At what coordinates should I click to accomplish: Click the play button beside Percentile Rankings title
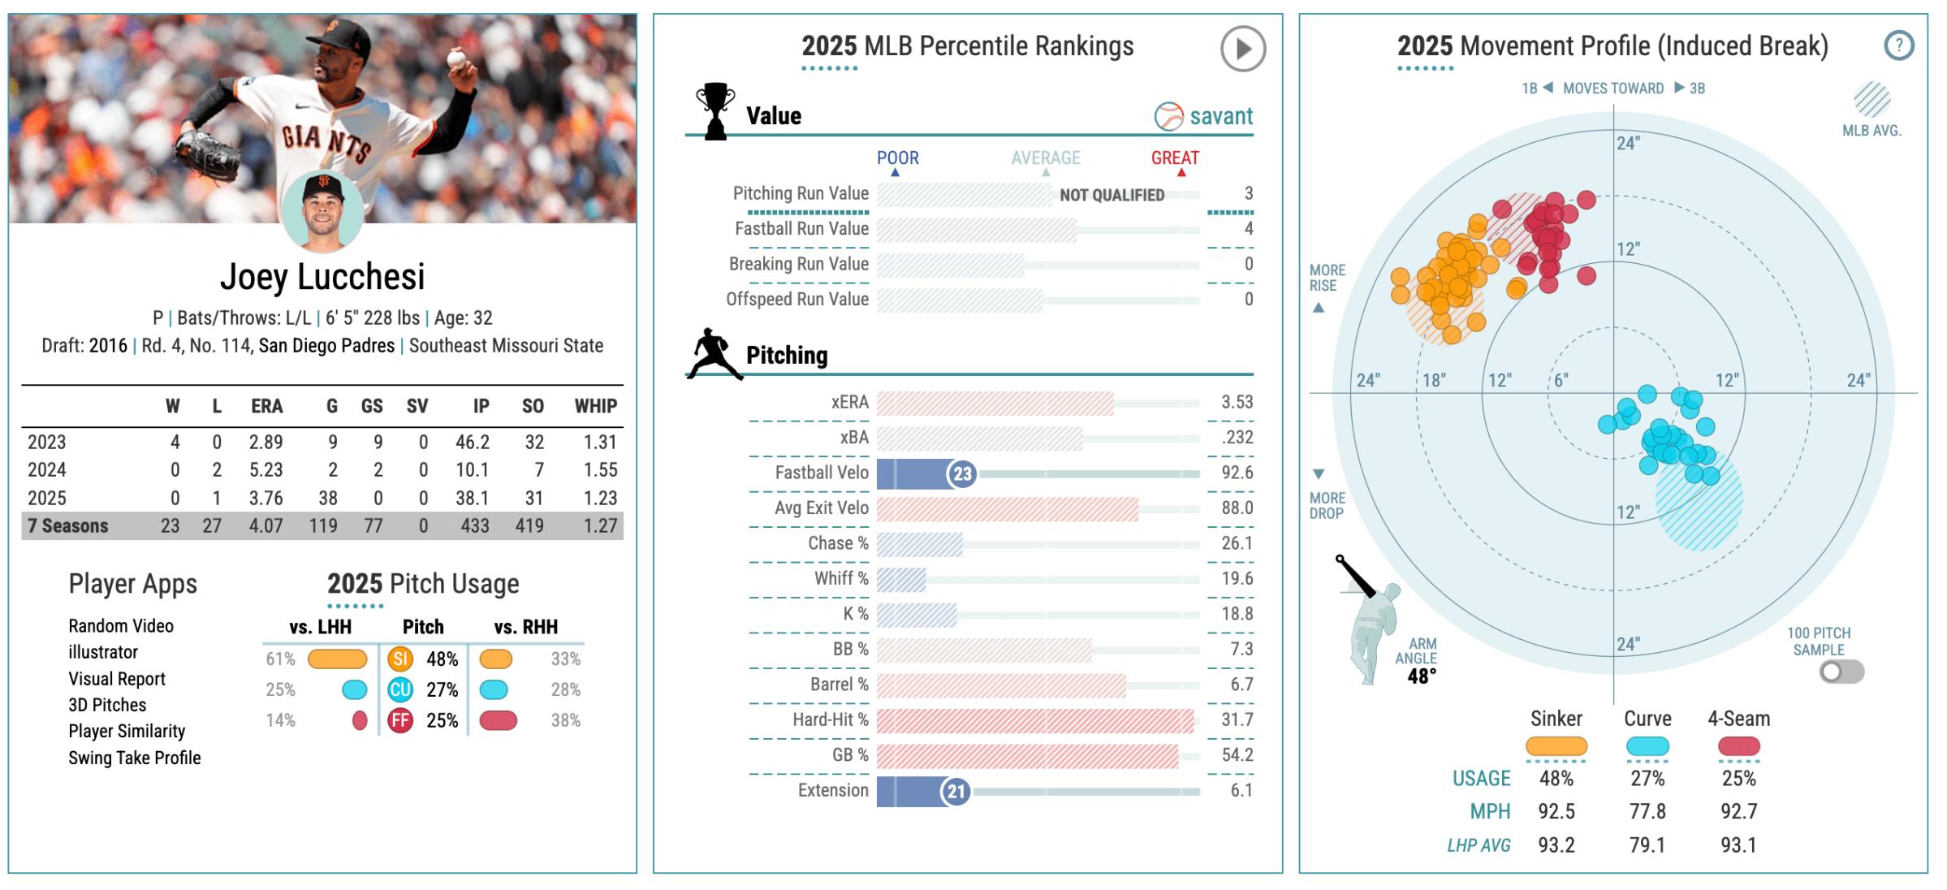pyautogui.click(x=1242, y=49)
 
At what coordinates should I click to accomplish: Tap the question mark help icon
pyautogui.click(x=1898, y=45)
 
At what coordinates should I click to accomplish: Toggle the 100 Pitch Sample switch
pyautogui.click(x=1841, y=672)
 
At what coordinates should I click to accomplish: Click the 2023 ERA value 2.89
pyautogui.click(x=265, y=443)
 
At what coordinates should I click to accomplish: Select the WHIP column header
pyautogui.click(x=595, y=406)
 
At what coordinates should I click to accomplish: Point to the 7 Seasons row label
pyautogui.click(x=68, y=526)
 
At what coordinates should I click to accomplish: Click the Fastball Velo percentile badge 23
pyautogui.click(x=961, y=474)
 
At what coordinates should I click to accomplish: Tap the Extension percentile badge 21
pyautogui.click(x=956, y=792)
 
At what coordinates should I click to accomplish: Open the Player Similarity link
pyautogui.click(x=127, y=732)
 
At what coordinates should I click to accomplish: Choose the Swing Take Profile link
pyautogui.click(x=135, y=758)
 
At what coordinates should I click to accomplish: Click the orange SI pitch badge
pyautogui.click(x=400, y=659)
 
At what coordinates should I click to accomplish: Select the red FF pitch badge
pyautogui.click(x=400, y=721)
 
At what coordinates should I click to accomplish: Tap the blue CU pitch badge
pyautogui.click(x=400, y=690)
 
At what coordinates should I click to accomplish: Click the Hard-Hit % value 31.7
pyautogui.click(x=1237, y=720)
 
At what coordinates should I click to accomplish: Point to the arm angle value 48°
pyautogui.click(x=1422, y=676)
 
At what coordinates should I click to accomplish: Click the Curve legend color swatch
pyautogui.click(x=1647, y=746)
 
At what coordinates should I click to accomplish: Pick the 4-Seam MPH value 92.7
pyautogui.click(x=1738, y=811)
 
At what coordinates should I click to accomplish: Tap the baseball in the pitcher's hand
pyautogui.click(x=456, y=58)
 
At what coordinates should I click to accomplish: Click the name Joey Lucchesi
pyautogui.click(x=322, y=278)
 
